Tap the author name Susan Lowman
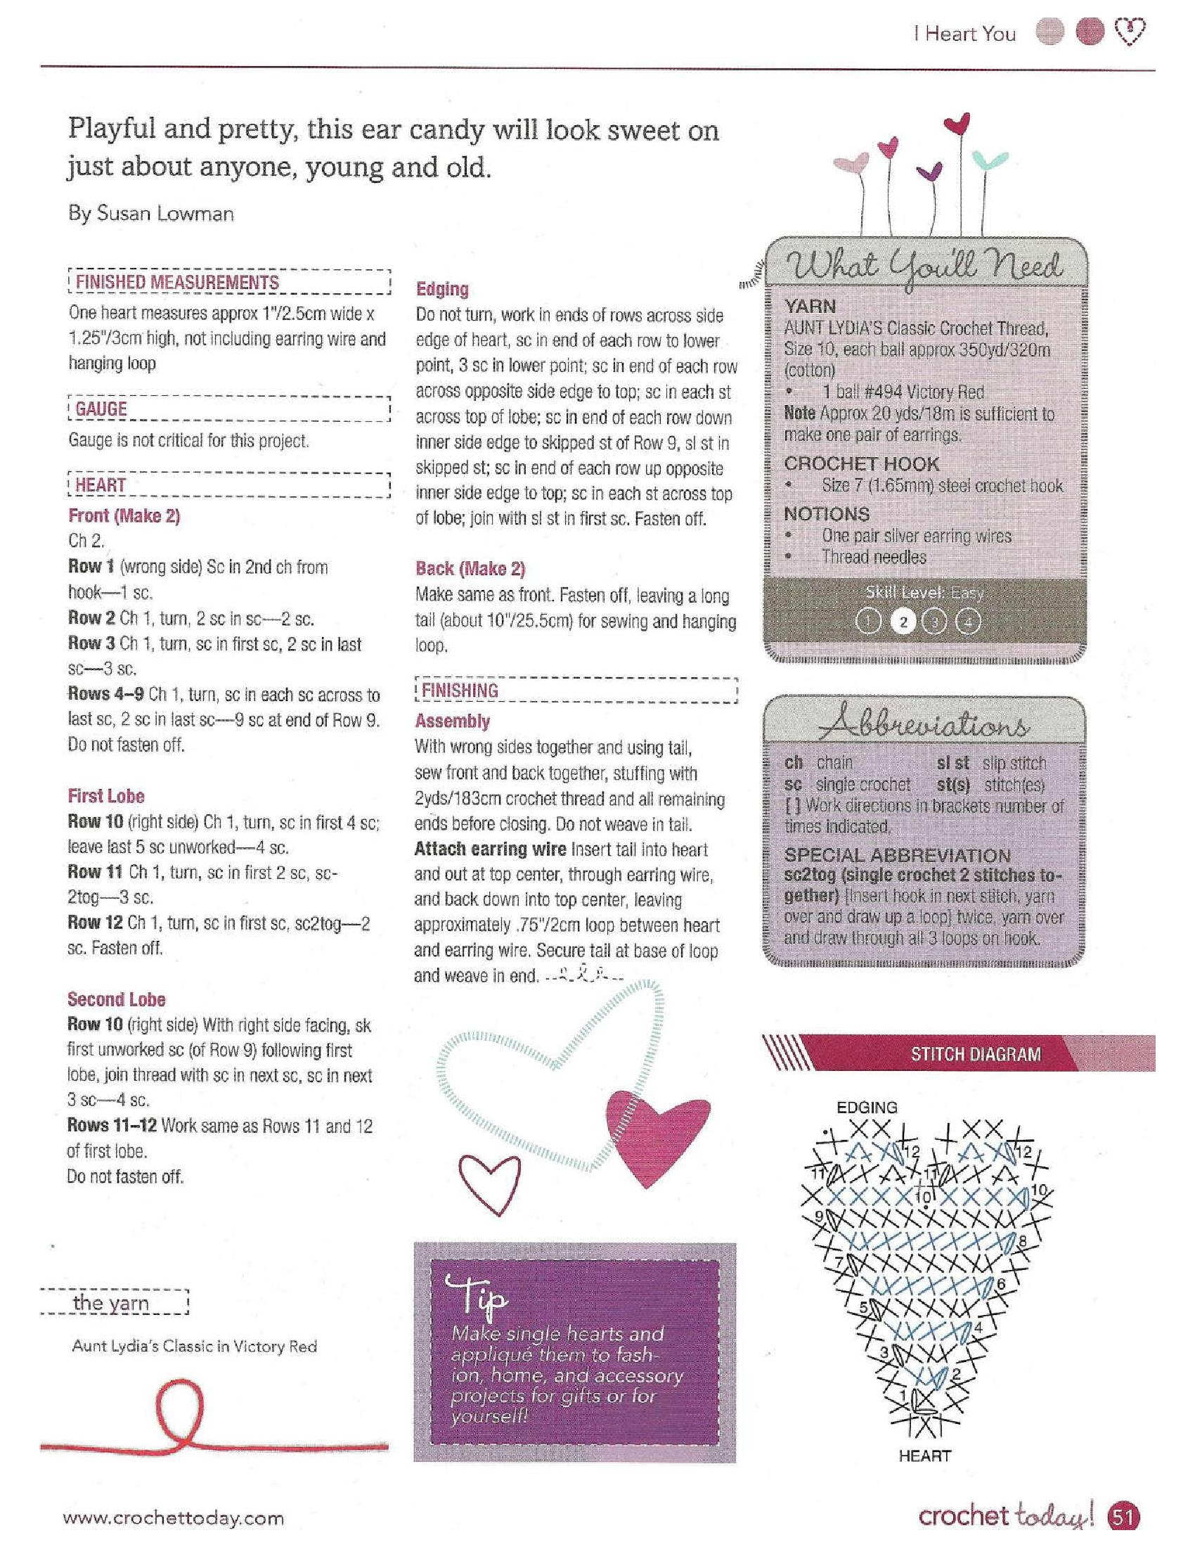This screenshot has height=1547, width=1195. coord(151,214)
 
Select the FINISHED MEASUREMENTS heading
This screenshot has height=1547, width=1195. coord(177,282)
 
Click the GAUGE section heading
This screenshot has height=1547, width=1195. coord(101,409)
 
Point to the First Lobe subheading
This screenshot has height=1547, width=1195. coord(106,796)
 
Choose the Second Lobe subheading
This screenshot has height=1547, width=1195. coord(116,999)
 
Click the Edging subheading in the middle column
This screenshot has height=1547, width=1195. coord(441,289)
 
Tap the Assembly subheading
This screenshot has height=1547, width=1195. coord(453,721)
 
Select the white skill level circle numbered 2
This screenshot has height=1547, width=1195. coord(902,622)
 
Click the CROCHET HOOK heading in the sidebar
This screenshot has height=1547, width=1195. coord(861,464)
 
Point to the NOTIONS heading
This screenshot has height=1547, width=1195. coord(826,513)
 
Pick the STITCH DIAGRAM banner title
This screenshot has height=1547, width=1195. coord(976,1054)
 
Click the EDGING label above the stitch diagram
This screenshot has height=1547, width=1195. coord(867,1107)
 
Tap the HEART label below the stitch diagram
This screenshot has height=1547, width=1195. coord(924,1456)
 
